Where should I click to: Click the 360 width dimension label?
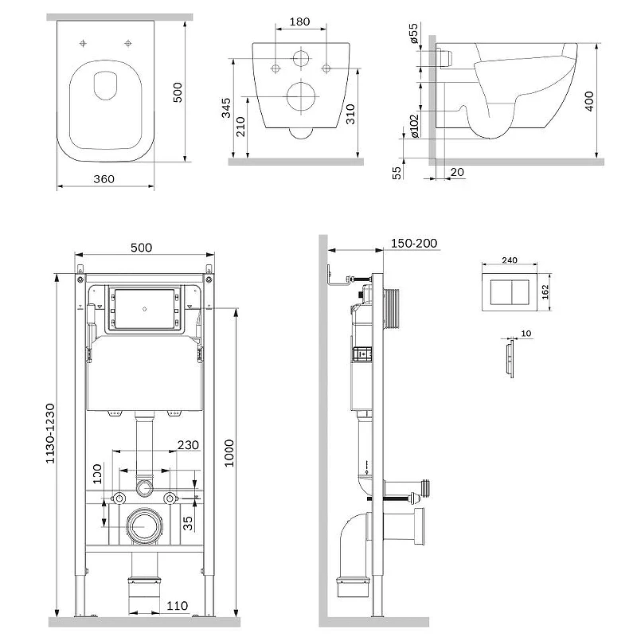tap(104, 178)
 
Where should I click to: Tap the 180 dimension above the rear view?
tap(300, 21)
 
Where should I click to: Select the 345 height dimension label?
tap(226, 107)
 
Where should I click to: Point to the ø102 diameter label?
tap(414, 126)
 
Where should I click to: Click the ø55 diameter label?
tap(413, 33)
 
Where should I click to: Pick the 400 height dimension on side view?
tap(588, 101)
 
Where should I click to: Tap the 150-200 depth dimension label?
tap(414, 243)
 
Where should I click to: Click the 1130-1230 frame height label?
tap(50, 433)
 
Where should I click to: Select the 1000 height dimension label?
tap(229, 453)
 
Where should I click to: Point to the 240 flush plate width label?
tap(510, 260)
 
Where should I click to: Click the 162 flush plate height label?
tap(545, 291)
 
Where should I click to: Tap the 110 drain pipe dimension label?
tap(177, 606)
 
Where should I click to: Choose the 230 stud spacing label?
tap(188, 445)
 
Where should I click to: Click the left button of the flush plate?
tap(501, 291)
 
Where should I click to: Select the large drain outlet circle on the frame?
tap(144, 526)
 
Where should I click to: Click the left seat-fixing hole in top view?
tap(83, 43)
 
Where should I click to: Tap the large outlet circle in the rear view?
tap(301, 96)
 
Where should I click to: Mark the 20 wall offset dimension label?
tap(457, 172)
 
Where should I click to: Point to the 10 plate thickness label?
tap(526, 334)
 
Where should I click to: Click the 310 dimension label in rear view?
tap(350, 114)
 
